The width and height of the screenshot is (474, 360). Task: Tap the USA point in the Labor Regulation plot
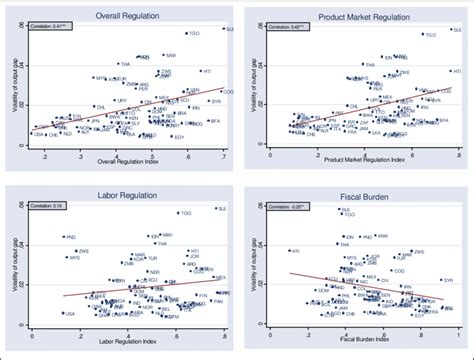pyautogui.click(x=39, y=315)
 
